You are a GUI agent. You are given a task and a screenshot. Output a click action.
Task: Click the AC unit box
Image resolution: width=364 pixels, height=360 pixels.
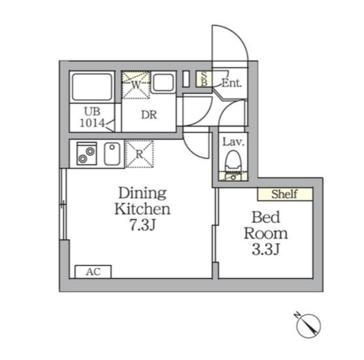pos(93,272)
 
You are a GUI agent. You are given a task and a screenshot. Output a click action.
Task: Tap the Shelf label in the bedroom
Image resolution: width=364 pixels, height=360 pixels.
pos(284,194)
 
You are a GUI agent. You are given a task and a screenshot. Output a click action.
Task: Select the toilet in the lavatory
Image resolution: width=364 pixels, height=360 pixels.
pos(233,161)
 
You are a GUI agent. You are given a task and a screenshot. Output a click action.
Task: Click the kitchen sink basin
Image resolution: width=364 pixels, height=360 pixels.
pos(112,154)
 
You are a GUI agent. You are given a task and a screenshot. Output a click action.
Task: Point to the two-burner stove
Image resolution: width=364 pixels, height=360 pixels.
pos(86,154)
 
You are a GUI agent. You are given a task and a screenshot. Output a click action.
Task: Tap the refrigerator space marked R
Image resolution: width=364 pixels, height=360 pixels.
pos(140,154)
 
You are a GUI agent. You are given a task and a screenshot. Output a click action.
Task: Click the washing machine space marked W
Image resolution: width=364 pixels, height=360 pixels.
pos(136,85)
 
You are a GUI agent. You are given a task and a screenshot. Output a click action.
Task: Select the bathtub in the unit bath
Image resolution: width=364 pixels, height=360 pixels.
pos(92,87)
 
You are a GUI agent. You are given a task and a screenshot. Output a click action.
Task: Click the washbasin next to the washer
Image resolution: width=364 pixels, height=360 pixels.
pos(163,82)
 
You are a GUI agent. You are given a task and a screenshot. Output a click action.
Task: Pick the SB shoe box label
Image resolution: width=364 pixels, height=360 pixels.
pos(204,79)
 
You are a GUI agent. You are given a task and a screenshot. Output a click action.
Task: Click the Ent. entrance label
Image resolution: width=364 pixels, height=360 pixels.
pos(231,83)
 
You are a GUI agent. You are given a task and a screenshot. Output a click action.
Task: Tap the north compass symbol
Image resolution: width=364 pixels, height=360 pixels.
pos(308,325)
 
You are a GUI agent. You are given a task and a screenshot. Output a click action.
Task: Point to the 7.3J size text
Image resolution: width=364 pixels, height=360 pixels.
pos(142,225)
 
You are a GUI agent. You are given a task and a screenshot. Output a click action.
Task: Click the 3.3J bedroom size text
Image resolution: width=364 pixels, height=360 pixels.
pos(265,249)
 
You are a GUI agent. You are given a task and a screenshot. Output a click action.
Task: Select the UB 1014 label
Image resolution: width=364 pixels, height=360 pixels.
pos(92,117)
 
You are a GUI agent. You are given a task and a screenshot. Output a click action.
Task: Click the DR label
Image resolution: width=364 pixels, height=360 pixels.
pos(149,115)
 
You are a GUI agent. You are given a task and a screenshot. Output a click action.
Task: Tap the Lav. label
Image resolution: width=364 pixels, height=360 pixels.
pos(233,142)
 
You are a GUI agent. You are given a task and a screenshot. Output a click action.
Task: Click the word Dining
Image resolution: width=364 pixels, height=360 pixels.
pos(143,193)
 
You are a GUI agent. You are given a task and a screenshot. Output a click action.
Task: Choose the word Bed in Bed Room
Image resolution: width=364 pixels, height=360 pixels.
pos(266,217)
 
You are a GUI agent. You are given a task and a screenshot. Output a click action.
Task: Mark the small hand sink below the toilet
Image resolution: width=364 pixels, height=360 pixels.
pos(233,177)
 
